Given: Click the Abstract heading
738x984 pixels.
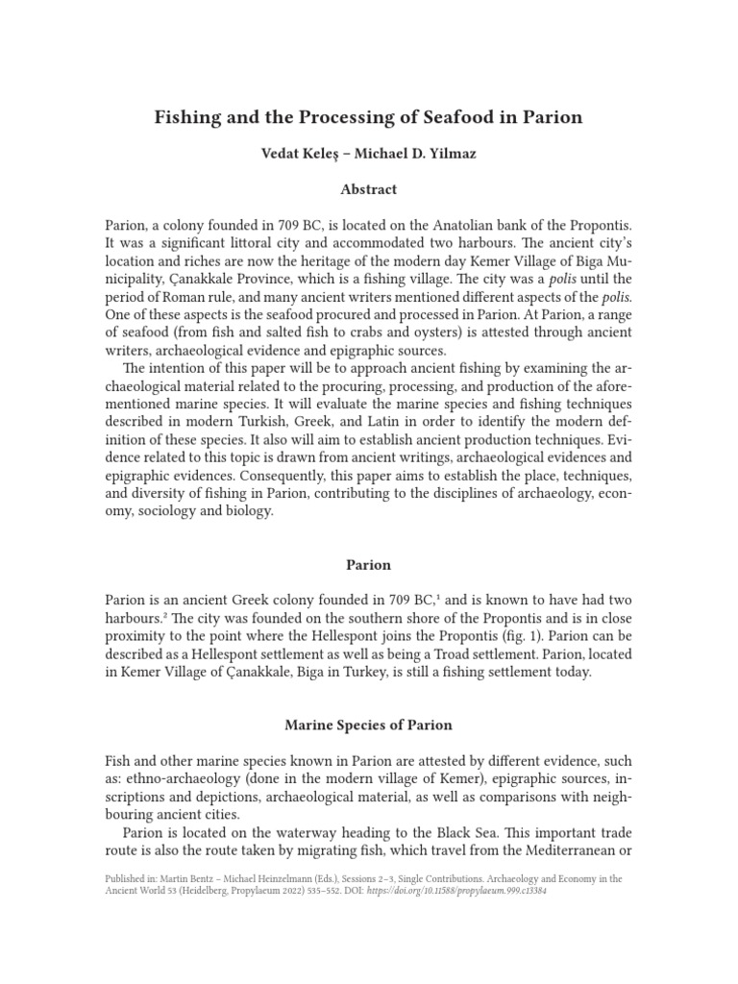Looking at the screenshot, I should (x=368, y=189).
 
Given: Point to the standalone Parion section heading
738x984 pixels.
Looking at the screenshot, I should (x=368, y=565).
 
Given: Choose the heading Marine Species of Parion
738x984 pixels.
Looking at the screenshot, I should (x=368, y=725).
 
